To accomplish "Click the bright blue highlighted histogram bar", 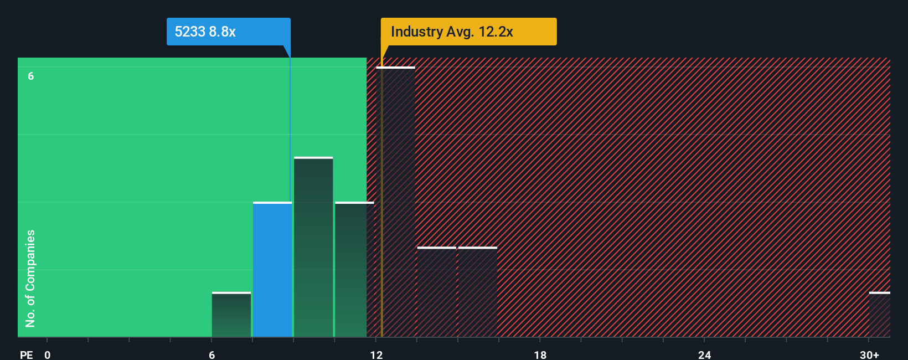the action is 272,270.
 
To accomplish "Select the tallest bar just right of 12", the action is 395,202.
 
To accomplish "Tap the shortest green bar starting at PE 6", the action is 231,315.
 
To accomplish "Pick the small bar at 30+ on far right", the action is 879,315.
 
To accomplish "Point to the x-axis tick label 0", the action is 48,354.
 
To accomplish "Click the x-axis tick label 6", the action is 212,354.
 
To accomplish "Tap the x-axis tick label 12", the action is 376,354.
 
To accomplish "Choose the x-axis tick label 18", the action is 540,354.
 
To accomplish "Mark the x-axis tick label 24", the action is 704,354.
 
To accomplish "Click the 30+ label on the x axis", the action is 869,354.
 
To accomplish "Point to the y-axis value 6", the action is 31,76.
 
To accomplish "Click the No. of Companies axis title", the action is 30,278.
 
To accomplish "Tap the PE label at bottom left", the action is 27,354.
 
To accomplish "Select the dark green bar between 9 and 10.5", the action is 313,248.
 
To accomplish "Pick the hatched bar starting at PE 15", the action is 477,292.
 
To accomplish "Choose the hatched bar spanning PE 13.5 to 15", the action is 436,292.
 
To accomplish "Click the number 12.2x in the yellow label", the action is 496,32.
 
